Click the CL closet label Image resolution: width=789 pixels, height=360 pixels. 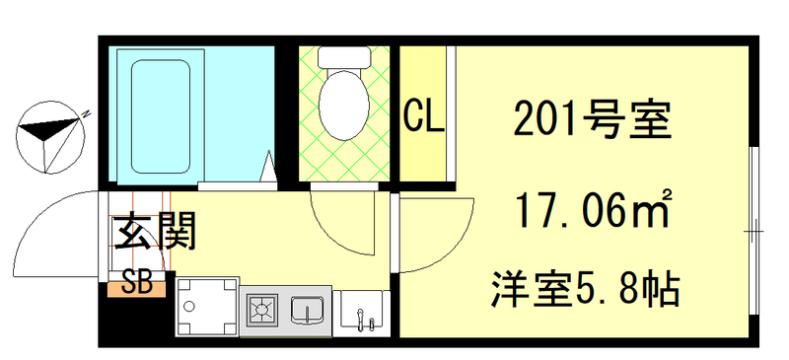(424, 117)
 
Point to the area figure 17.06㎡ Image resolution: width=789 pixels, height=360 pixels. (591, 209)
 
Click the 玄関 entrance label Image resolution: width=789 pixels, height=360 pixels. (157, 234)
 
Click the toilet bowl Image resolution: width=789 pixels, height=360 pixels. (343, 110)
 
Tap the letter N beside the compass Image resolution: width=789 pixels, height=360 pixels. (87, 112)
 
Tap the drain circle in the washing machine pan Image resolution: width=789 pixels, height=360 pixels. (183, 308)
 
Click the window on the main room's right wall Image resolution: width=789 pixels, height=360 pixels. (753, 232)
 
